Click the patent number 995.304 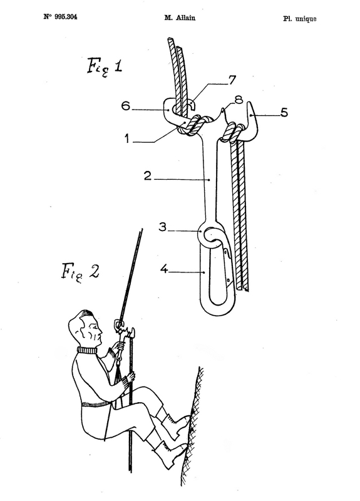pos(66,17)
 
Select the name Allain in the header pos(185,18)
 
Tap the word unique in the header pos(306,19)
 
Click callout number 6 pos(126,106)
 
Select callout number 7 pos(232,80)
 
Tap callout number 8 pos(239,100)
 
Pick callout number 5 pos(284,112)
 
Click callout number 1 pos(127,139)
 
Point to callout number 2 pos(147,175)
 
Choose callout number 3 pos(163,227)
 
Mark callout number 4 pos(164,269)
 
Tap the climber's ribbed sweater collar pos(86,350)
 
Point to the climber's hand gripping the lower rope pos(131,378)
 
